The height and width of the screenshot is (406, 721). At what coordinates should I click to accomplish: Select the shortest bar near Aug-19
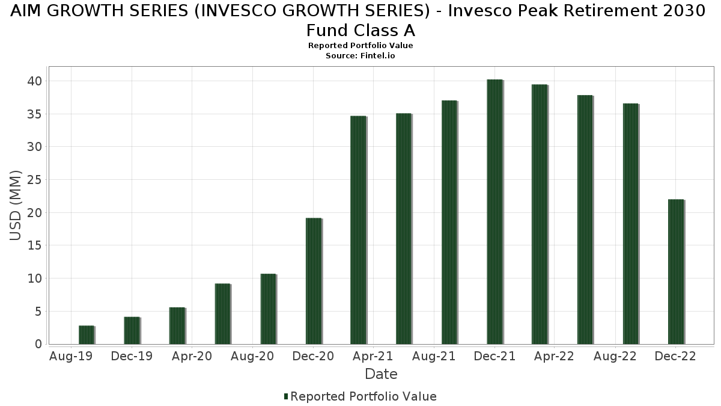tap(87, 334)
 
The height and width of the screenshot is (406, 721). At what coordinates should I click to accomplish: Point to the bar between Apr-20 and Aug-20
tap(222, 313)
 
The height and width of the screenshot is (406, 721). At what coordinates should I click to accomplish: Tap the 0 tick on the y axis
tap(38, 344)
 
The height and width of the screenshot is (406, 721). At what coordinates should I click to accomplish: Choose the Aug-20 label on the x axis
tap(253, 357)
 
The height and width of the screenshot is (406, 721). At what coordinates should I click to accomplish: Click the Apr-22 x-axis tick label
tap(553, 357)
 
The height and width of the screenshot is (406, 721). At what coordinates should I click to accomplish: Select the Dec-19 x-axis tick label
tap(132, 357)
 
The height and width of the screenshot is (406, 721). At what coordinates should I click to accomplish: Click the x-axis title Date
tap(381, 374)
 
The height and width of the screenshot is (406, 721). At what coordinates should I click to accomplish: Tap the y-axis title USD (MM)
tap(16, 206)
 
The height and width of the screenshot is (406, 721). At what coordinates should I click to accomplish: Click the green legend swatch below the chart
tap(286, 396)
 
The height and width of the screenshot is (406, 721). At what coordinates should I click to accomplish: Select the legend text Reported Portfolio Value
tap(364, 396)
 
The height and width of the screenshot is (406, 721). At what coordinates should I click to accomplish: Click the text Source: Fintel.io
tap(360, 55)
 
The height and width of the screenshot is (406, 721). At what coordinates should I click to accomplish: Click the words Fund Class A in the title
tap(360, 30)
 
